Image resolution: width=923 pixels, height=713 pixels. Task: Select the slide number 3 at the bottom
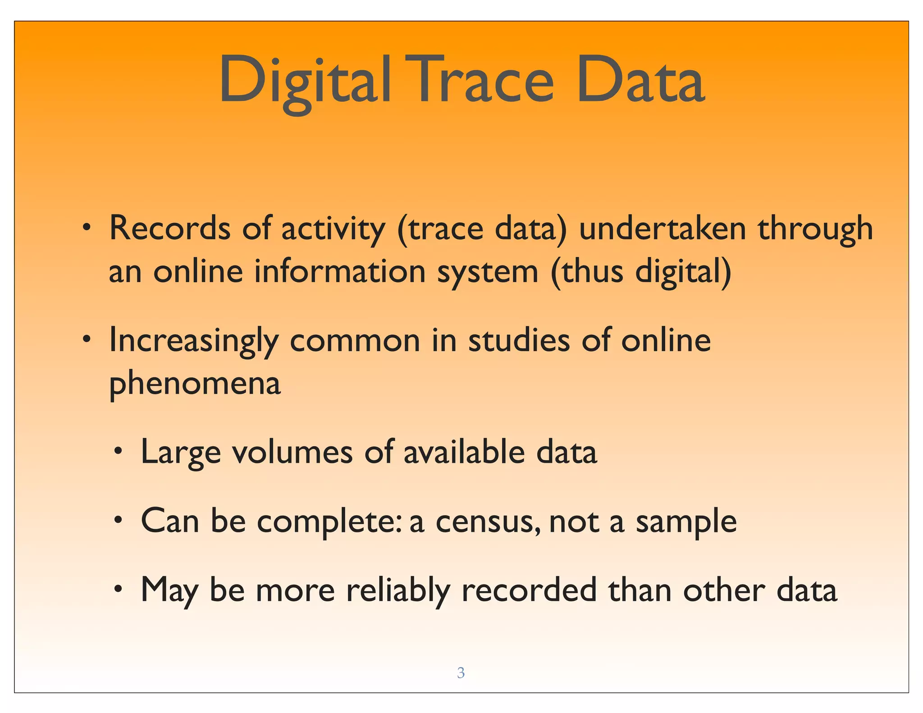(461, 672)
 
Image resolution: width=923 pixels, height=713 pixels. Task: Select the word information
(340, 271)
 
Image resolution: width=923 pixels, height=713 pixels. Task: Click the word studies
(519, 340)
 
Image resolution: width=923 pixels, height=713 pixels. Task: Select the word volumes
(292, 452)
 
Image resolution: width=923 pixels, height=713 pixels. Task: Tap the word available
(464, 452)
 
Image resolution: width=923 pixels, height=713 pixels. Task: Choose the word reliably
(398, 590)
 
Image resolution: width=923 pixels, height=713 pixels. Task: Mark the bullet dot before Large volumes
(118, 451)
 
